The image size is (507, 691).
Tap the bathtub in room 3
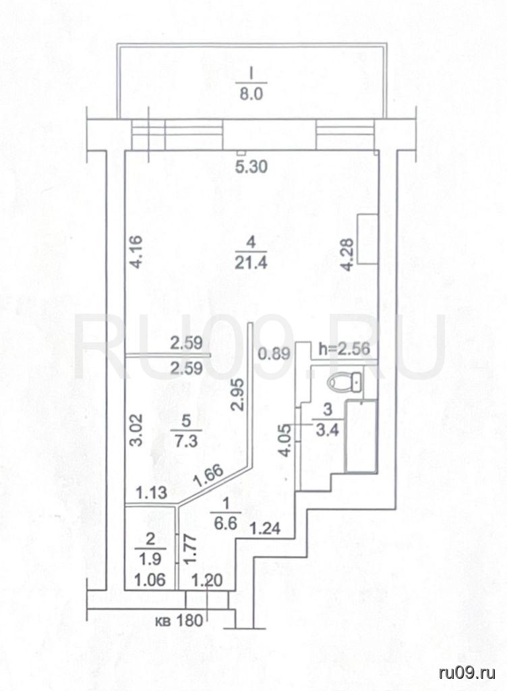(361, 437)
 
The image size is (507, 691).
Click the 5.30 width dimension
(251, 167)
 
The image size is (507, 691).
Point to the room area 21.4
(251, 263)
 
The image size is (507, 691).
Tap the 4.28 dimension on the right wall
(348, 254)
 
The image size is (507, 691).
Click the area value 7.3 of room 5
(186, 440)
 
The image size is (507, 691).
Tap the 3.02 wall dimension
(137, 430)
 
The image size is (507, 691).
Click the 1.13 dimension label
(151, 492)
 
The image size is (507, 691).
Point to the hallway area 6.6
(227, 523)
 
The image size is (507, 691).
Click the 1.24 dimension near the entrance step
(265, 528)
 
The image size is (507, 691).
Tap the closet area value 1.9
(150, 559)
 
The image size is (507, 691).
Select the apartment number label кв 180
(179, 621)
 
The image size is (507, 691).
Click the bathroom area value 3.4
(328, 429)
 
